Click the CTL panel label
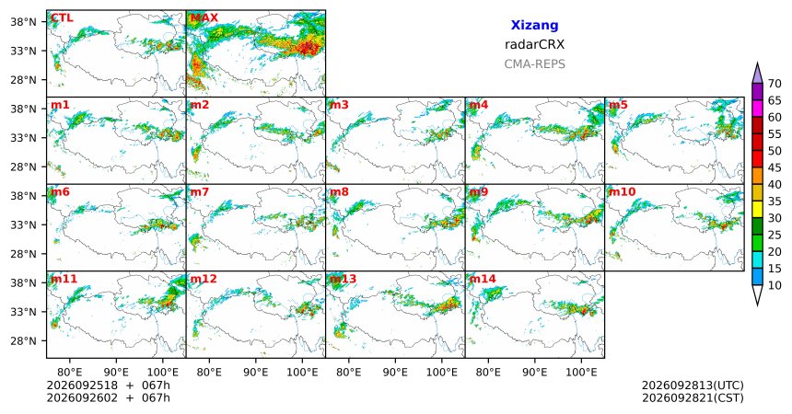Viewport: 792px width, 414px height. point(62,18)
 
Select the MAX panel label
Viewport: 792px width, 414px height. point(204,18)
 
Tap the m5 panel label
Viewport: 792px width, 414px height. point(618,105)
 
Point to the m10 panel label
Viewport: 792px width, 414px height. point(622,192)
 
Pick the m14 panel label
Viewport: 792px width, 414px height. point(483,279)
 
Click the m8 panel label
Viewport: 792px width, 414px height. point(339,192)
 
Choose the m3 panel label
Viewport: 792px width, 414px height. point(339,105)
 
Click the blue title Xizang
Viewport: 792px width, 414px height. point(534,25)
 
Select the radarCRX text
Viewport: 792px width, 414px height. point(534,44)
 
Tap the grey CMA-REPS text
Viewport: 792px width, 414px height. point(534,64)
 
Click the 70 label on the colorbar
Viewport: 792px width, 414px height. point(775,84)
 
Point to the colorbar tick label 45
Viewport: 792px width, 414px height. point(775,167)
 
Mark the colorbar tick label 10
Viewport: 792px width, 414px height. point(775,285)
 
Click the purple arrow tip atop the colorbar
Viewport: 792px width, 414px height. point(757,63)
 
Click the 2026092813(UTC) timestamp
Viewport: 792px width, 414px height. point(693,385)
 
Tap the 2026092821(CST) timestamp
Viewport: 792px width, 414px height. point(693,397)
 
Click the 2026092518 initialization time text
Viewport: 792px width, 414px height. point(82,385)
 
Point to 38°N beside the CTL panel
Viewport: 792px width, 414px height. point(23,22)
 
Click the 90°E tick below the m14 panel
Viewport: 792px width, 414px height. point(535,373)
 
